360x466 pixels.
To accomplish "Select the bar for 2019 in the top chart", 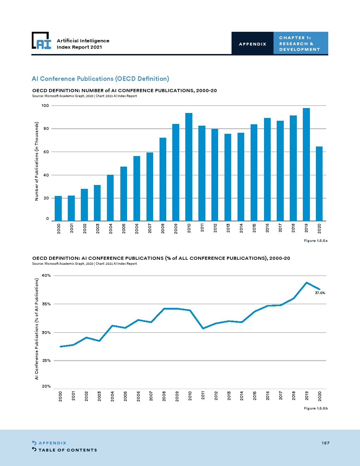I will [306, 164].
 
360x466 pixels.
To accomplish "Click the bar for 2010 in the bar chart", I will [189, 167].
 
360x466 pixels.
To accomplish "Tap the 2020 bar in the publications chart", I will [319, 184].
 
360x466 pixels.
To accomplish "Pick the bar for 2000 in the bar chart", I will [58, 208].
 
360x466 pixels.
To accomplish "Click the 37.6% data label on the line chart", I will [320, 293].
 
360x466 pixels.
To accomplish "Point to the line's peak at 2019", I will [307, 282].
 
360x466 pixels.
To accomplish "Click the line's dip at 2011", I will [203, 328].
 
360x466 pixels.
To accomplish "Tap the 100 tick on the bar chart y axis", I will [45, 106].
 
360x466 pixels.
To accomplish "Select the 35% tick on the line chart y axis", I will [46, 304].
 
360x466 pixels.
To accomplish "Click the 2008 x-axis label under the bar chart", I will [163, 228].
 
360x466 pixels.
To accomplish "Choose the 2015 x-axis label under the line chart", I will [254, 396].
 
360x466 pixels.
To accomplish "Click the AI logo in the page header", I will [42, 41].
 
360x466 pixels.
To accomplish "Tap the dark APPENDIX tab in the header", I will [253, 44].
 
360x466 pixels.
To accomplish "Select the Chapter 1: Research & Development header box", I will [300, 43].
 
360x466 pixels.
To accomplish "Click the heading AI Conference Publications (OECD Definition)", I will [100, 79].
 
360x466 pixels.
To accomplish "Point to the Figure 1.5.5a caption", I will [316, 241].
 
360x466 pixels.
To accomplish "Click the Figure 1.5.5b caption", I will [316, 408].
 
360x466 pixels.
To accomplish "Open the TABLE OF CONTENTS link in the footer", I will [67, 450].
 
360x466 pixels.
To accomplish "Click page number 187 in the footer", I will [325, 443].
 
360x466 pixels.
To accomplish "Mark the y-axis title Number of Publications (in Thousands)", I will [36, 161].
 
